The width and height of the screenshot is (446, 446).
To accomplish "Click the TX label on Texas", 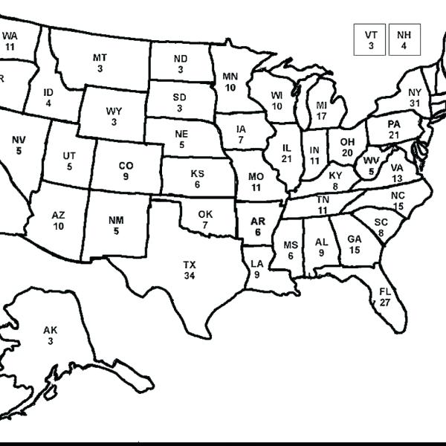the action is pyautogui.click(x=190, y=265).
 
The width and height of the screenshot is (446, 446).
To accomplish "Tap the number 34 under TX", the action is pyautogui.click(x=190, y=276).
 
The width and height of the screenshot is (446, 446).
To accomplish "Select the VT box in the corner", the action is pyautogui.click(x=370, y=39).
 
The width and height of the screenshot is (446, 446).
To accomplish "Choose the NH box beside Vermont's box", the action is pyautogui.click(x=404, y=39).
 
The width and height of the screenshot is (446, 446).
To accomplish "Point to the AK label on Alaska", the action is pyautogui.click(x=50, y=330).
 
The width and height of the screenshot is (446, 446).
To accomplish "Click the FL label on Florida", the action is pyautogui.click(x=385, y=291).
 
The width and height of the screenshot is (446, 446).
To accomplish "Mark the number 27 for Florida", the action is pyautogui.click(x=385, y=303).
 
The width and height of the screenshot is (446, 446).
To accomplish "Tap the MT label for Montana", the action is pyautogui.click(x=100, y=57).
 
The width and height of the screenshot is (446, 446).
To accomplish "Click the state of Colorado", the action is pyautogui.click(x=126, y=170).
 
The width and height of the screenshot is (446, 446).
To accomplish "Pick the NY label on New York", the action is pyautogui.click(x=415, y=92).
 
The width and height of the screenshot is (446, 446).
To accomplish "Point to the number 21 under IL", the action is pyautogui.click(x=287, y=158).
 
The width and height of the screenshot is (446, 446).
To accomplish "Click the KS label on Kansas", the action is pyautogui.click(x=197, y=174).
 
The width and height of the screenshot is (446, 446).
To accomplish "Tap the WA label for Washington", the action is pyautogui.click(x=10, y=35).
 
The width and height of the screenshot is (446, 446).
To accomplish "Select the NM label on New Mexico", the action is pyautogui.click(x=116, y=220).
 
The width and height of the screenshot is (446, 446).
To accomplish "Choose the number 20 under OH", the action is pyautogui.click(x=347, y=152).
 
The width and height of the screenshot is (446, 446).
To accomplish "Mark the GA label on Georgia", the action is pyautogui.click(x=354, y=239).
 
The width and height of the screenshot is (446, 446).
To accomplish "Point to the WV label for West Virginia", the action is pyautogui.click(x=370, y=161).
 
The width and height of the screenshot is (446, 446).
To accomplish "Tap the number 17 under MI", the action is pyautogui.click(x=322, y=116).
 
